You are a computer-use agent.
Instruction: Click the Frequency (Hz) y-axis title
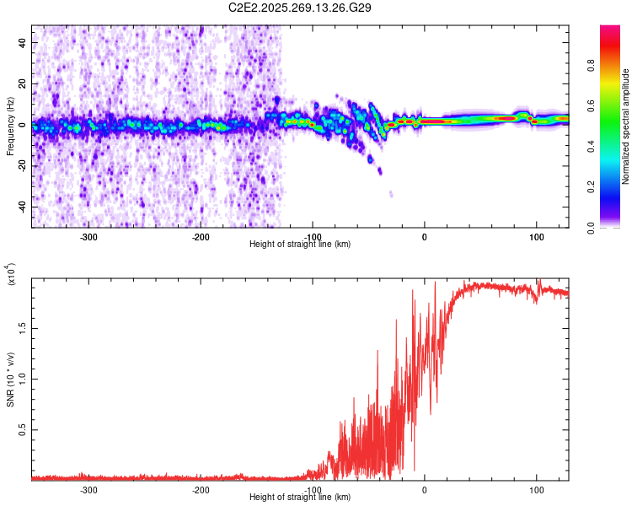(x=10, y=126)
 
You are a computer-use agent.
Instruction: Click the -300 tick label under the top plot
(x=88, y=237)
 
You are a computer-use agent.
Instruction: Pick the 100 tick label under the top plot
(x=536, y=237)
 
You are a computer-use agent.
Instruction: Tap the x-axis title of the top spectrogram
(x=300, y=245)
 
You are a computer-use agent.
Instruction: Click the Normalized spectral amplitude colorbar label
(x=626, y=126)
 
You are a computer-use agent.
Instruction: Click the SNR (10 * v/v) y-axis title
(x=11, y=379)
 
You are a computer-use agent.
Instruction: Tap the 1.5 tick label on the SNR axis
(x=24, y=327)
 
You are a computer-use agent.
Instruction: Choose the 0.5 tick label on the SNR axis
(x=24, y=429)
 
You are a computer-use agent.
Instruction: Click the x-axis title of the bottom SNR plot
(x=300, y=498)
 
